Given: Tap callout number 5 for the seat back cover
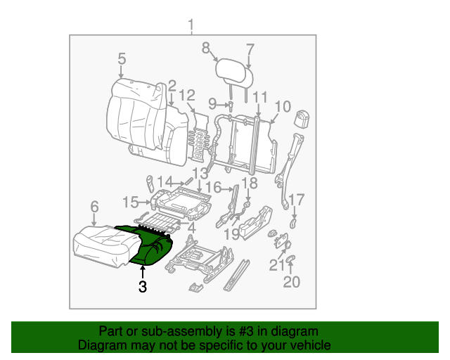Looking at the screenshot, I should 122,59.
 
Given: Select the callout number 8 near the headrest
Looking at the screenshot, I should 206,48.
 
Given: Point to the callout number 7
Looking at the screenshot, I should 250,49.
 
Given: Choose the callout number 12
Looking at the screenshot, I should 187,96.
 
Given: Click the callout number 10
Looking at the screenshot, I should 282,106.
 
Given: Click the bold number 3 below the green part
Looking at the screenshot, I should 143,286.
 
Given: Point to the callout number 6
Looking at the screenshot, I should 94,206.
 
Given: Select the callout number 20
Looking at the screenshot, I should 291,282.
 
